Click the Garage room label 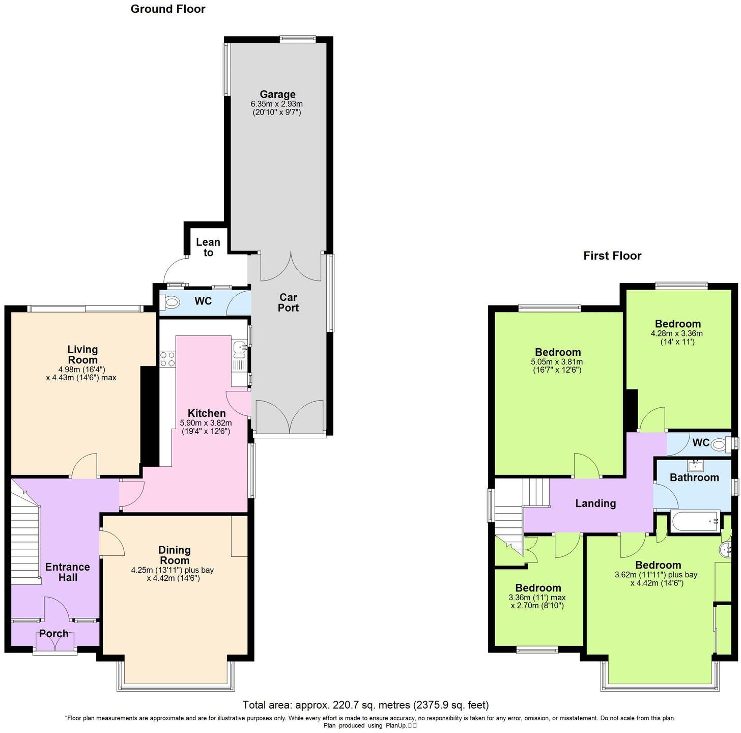click(x=277, y=95)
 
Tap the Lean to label click(x=208, y=247)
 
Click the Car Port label click(x=288, y=302)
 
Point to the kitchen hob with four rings click(x=167, y=359)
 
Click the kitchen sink click(x=239, y=348)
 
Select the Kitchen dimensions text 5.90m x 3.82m click(x=206, y=423)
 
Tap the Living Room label click(x=82, y=354)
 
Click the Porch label click(x=54, y=634)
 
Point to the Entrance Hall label click(x=68, y=572)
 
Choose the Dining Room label click(x=175, y=555)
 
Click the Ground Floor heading click(x=168, y=9)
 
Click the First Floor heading click(x=612, y=256)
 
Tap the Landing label click(x=595, y=503)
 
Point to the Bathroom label click(x=694, y=477)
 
